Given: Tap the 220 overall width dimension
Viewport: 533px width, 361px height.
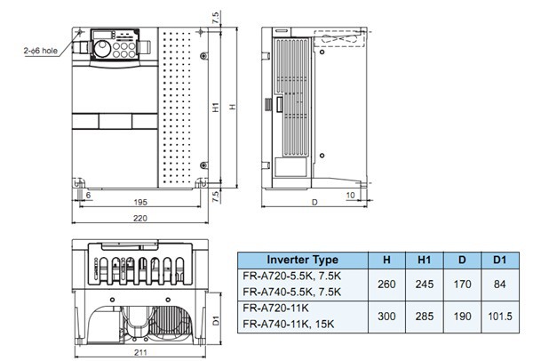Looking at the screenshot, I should click(x=140, y=219).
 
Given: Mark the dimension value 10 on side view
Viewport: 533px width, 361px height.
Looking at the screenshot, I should click(x=351, y=194).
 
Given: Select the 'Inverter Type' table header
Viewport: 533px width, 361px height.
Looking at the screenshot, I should click(x=302, y=260).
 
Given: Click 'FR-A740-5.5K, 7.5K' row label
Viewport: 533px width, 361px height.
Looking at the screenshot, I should click(x=290, y=291).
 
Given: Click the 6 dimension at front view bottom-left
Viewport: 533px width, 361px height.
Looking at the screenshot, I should click(x=86, y=193).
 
